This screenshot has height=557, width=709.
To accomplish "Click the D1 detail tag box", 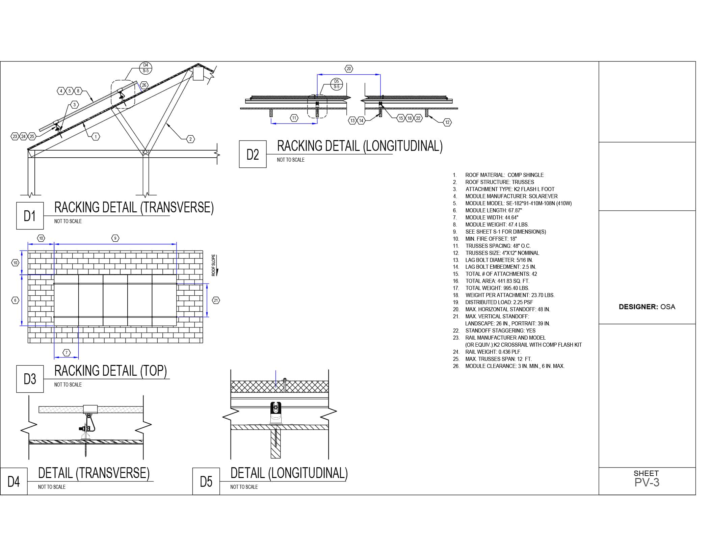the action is point(30,216).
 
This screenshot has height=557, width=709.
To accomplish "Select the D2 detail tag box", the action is point(253,154).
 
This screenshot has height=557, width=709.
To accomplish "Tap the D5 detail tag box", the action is point(206,481).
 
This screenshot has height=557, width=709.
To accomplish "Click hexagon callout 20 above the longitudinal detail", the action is point(349,69).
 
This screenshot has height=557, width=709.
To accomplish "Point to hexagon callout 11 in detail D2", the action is point(294,118).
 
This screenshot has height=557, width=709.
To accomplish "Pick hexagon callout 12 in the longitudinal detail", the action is point(447,122).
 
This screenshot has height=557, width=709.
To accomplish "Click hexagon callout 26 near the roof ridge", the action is point(144,85).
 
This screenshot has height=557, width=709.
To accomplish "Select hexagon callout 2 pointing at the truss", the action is point(190,139).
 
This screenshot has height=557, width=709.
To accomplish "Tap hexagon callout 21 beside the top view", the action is point(216,300).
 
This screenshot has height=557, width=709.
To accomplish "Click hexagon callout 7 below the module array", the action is point(67,353).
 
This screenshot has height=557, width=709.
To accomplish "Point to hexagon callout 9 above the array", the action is point(115,238).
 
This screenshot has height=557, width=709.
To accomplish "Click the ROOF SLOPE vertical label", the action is point(213,265).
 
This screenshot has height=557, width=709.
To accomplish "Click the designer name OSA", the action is point(668,307).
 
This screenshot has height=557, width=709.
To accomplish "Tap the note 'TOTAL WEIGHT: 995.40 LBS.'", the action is point(497,288).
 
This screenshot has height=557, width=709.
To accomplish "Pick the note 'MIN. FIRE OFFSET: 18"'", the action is point(491,239).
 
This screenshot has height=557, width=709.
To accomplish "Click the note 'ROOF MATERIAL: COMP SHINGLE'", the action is point(504,175).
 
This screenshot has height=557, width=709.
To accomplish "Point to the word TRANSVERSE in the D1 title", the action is point(177,207).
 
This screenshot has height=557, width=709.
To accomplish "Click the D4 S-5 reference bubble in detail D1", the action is point(146,68).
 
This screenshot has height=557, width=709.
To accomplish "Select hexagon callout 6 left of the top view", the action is point(15,300).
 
